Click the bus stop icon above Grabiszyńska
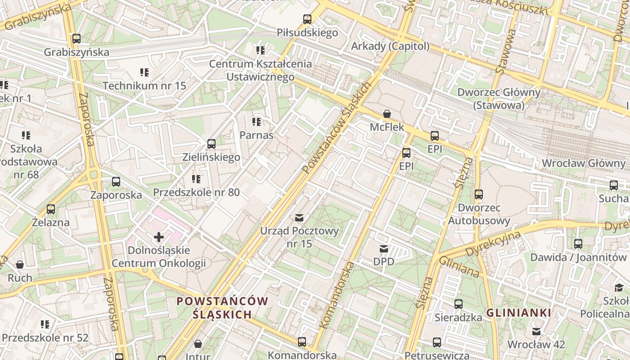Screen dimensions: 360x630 point(76,39)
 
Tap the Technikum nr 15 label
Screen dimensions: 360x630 point(144,85)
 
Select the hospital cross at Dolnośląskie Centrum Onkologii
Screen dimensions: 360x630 point(158,237)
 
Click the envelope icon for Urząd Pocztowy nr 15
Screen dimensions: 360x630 point(299,218)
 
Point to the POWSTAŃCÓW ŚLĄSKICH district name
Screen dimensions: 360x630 point(222,308)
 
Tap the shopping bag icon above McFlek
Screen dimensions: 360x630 point(387,114)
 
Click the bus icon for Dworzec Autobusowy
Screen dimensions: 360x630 point(479,194)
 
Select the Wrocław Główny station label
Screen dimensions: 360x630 point(584,163)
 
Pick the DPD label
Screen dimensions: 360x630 point(383,261)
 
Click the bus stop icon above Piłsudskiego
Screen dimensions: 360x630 point(307,19)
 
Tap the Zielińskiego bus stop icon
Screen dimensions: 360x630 point(211,144)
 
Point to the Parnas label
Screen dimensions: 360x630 point(256,135)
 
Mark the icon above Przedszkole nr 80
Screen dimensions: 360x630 point(196,179)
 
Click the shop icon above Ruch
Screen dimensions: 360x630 point(20,265)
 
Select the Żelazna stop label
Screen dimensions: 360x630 point(51,222)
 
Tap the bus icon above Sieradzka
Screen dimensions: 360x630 point(458,304)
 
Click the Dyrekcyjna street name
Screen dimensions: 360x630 point(494,244)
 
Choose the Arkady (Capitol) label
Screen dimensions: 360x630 point(390,46)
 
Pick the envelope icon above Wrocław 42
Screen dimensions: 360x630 point(536,332)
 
